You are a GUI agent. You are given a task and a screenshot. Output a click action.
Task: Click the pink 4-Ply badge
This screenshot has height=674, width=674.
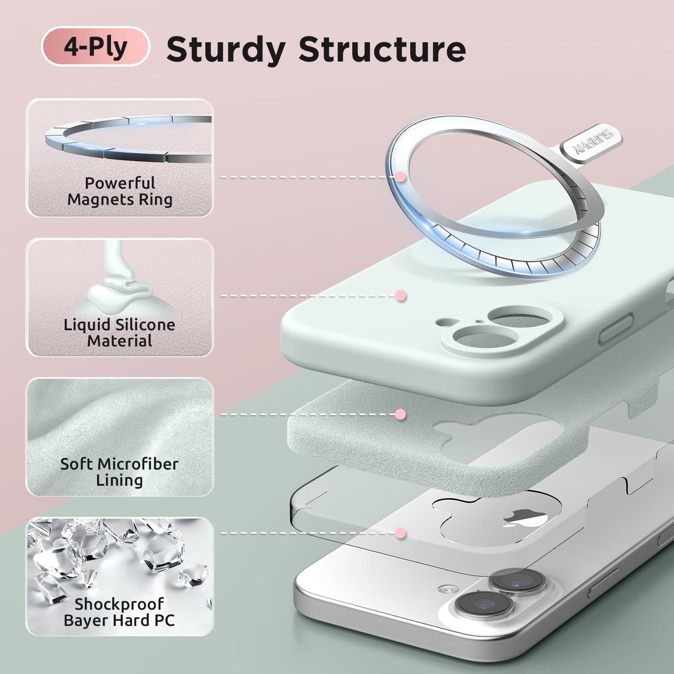95,46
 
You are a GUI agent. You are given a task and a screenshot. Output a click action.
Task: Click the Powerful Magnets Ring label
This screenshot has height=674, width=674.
120,191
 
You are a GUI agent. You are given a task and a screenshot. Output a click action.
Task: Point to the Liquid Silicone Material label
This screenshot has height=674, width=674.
120,333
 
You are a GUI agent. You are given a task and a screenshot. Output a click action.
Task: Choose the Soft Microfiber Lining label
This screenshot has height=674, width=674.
120,472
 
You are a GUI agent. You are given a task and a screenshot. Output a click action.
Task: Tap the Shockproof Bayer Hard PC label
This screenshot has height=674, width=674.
120,612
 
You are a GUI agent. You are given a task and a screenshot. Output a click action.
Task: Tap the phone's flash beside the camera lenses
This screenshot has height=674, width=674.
446,589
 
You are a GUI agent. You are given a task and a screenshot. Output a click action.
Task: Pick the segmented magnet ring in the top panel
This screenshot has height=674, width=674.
128,139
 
